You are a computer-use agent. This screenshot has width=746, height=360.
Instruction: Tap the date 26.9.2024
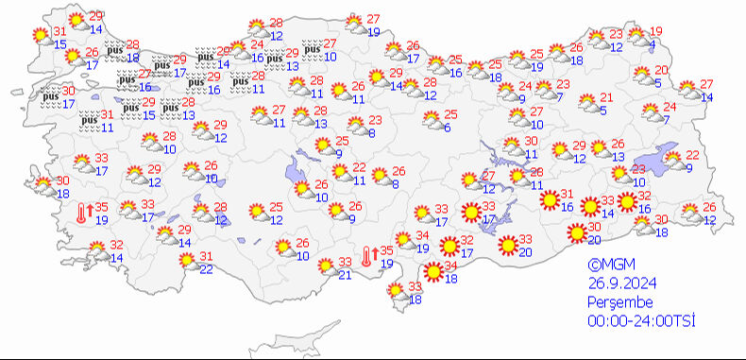coord(619,284)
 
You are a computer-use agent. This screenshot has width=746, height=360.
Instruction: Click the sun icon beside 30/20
coord(576,232)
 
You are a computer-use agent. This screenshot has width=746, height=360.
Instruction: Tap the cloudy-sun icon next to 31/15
coord(42,37)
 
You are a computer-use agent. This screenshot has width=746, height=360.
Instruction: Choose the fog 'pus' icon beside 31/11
coord(89,120)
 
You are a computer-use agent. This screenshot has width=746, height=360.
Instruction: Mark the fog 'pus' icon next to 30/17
coord(51,95)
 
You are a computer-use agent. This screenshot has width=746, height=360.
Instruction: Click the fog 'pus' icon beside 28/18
coord(115,50)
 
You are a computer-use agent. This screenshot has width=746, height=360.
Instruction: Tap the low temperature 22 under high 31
coord(206,270)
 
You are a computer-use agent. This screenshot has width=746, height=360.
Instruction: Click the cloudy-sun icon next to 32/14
coord(98,252)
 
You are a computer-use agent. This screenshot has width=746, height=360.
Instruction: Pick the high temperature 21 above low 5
coord(606,97)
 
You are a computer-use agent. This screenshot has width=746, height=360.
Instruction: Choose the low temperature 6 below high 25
coord(447,129)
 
